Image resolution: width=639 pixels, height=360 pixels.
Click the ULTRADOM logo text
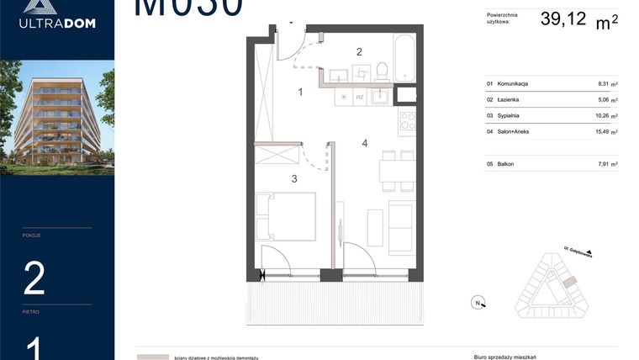[x=57, y=23]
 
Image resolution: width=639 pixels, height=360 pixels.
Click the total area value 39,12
[x=563, y=18]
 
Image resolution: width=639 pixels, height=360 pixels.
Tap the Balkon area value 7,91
[x=602, y=164]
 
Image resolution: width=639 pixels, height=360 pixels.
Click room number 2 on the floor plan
[x=359, y=51]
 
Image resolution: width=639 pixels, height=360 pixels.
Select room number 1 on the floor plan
[x=300, y=93]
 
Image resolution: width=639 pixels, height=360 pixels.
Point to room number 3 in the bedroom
[x=294, y=178]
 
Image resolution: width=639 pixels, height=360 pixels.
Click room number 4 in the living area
[x=365, y=143]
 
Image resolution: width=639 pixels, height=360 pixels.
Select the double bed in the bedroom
[x=285, y=216]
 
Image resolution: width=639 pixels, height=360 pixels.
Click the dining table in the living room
[x=397, y=171]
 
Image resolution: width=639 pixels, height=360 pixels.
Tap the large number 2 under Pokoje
[x=34, y=278]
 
